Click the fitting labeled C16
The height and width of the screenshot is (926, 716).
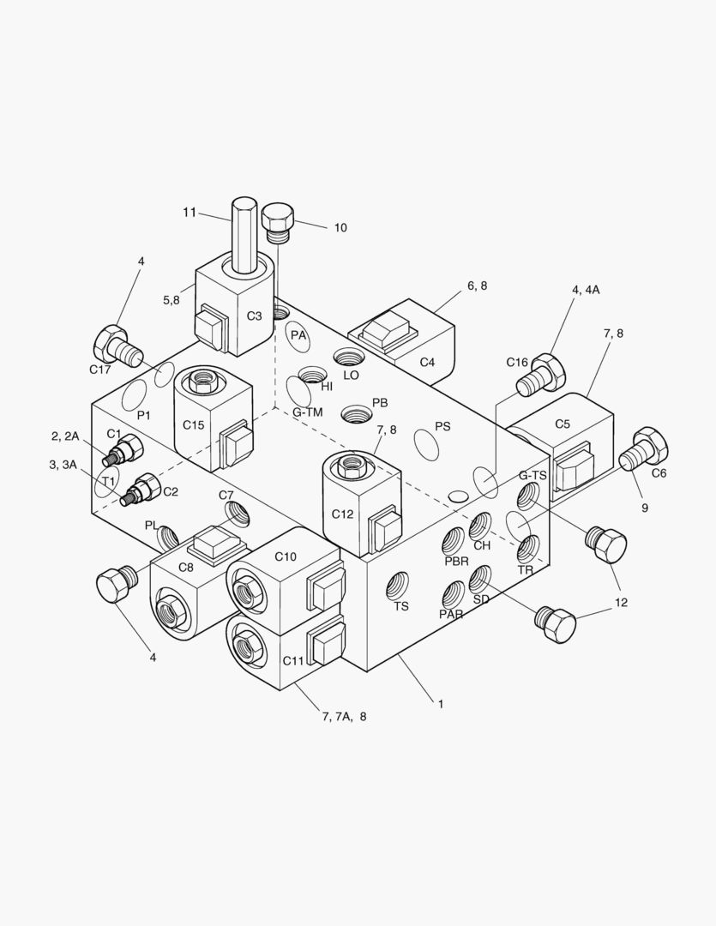(x=544, y=372)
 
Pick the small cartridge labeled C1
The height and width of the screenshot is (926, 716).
(x=123, y=449)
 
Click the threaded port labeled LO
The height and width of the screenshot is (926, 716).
(x=350, y=358)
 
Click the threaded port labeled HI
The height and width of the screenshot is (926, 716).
(x=311, y=376)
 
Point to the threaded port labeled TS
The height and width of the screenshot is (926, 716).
(x=398, y=587)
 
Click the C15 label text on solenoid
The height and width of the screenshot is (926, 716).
(x=193, y=424)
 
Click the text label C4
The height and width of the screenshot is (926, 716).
(x=427, y=363)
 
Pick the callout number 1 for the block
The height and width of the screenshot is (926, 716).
(x=441, y=704)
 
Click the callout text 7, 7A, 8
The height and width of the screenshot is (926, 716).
(x=344, y=717)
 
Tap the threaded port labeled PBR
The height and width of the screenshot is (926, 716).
(x=454, y=541)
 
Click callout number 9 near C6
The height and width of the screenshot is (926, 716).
(x=644, y=508)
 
